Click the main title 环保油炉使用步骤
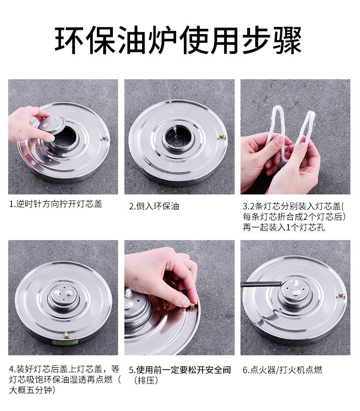(178, 40)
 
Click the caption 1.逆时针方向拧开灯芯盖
(56, 204)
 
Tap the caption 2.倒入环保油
(154, 206)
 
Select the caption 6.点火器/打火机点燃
(282, 370)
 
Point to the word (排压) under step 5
(146, 380)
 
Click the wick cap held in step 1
(52, 125)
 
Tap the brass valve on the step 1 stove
(105, 138)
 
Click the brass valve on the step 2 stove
(222, 136)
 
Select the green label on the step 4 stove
(65, 342)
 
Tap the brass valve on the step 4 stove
(66, 335)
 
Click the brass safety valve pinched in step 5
(192, 306)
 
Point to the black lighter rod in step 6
(261, 284)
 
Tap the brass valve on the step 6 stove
(341, 295)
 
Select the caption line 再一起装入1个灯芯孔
(284, 227)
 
